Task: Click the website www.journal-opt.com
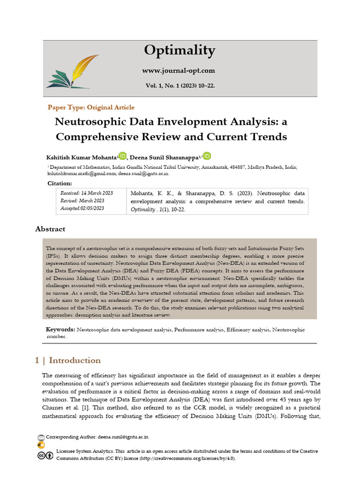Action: tap(179, 71)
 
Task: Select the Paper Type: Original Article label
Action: tap(91, 107)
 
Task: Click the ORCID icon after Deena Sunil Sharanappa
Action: tap(207, 156)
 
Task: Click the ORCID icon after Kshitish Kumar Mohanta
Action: tap(123, 156)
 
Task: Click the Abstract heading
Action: tap(50, 229)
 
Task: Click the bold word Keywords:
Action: tap(60, 330)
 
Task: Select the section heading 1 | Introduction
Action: tap(68, 360)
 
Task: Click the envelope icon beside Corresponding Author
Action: tap(41, 437)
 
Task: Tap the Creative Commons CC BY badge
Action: tap(45, 456)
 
